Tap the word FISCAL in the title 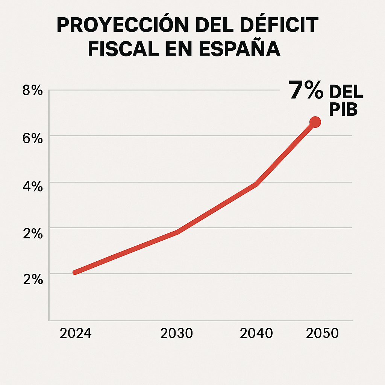119,49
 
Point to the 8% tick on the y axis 33,91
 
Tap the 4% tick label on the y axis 33,186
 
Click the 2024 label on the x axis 76,333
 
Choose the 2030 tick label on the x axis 176,333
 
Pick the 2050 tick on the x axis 322,333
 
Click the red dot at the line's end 315,122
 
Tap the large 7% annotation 306,91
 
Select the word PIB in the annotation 343,110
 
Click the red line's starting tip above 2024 75,272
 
